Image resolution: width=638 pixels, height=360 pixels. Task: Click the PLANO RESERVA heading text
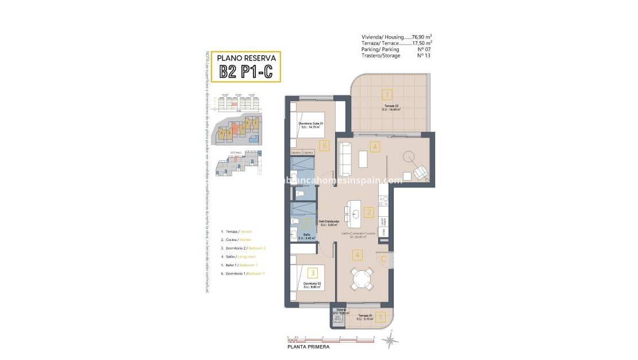pyautogui.click(x=246, y=58)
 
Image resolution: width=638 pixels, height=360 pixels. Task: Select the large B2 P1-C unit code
pyautogui.click(x=246, y=72)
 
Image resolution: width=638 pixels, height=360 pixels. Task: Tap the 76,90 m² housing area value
pyautogui.click(x=422, y=37)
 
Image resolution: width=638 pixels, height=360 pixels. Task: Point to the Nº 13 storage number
pyautogui.click(x=424, y=56)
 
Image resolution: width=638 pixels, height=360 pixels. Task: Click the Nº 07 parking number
pyautogui.click(x=424, y=49)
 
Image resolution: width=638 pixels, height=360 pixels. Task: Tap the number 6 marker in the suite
pyautogui.click(x=325, y=146)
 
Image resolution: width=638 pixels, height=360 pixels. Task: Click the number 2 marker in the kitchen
pyautogui.click(x=370, y=212)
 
